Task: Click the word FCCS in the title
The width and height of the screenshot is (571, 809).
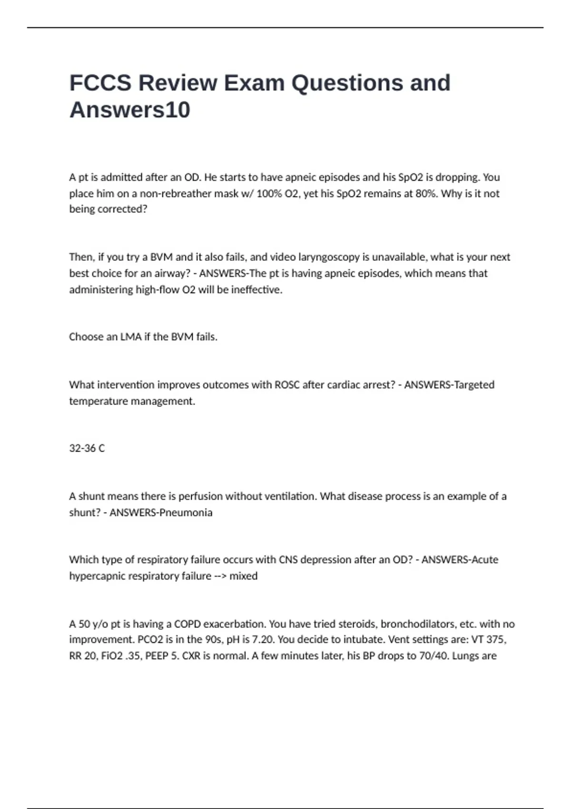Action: pos(100,83)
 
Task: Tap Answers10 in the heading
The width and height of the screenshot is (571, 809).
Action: pos(130,110)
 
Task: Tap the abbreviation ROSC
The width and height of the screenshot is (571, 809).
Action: pos(287,385)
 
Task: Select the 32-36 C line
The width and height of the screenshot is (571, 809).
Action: pos(87,448)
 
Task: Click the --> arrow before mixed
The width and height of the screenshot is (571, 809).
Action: pos(220,576)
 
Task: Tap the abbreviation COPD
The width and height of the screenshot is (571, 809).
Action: pos(188,624)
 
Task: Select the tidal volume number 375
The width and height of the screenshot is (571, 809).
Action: pos(495,640)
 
